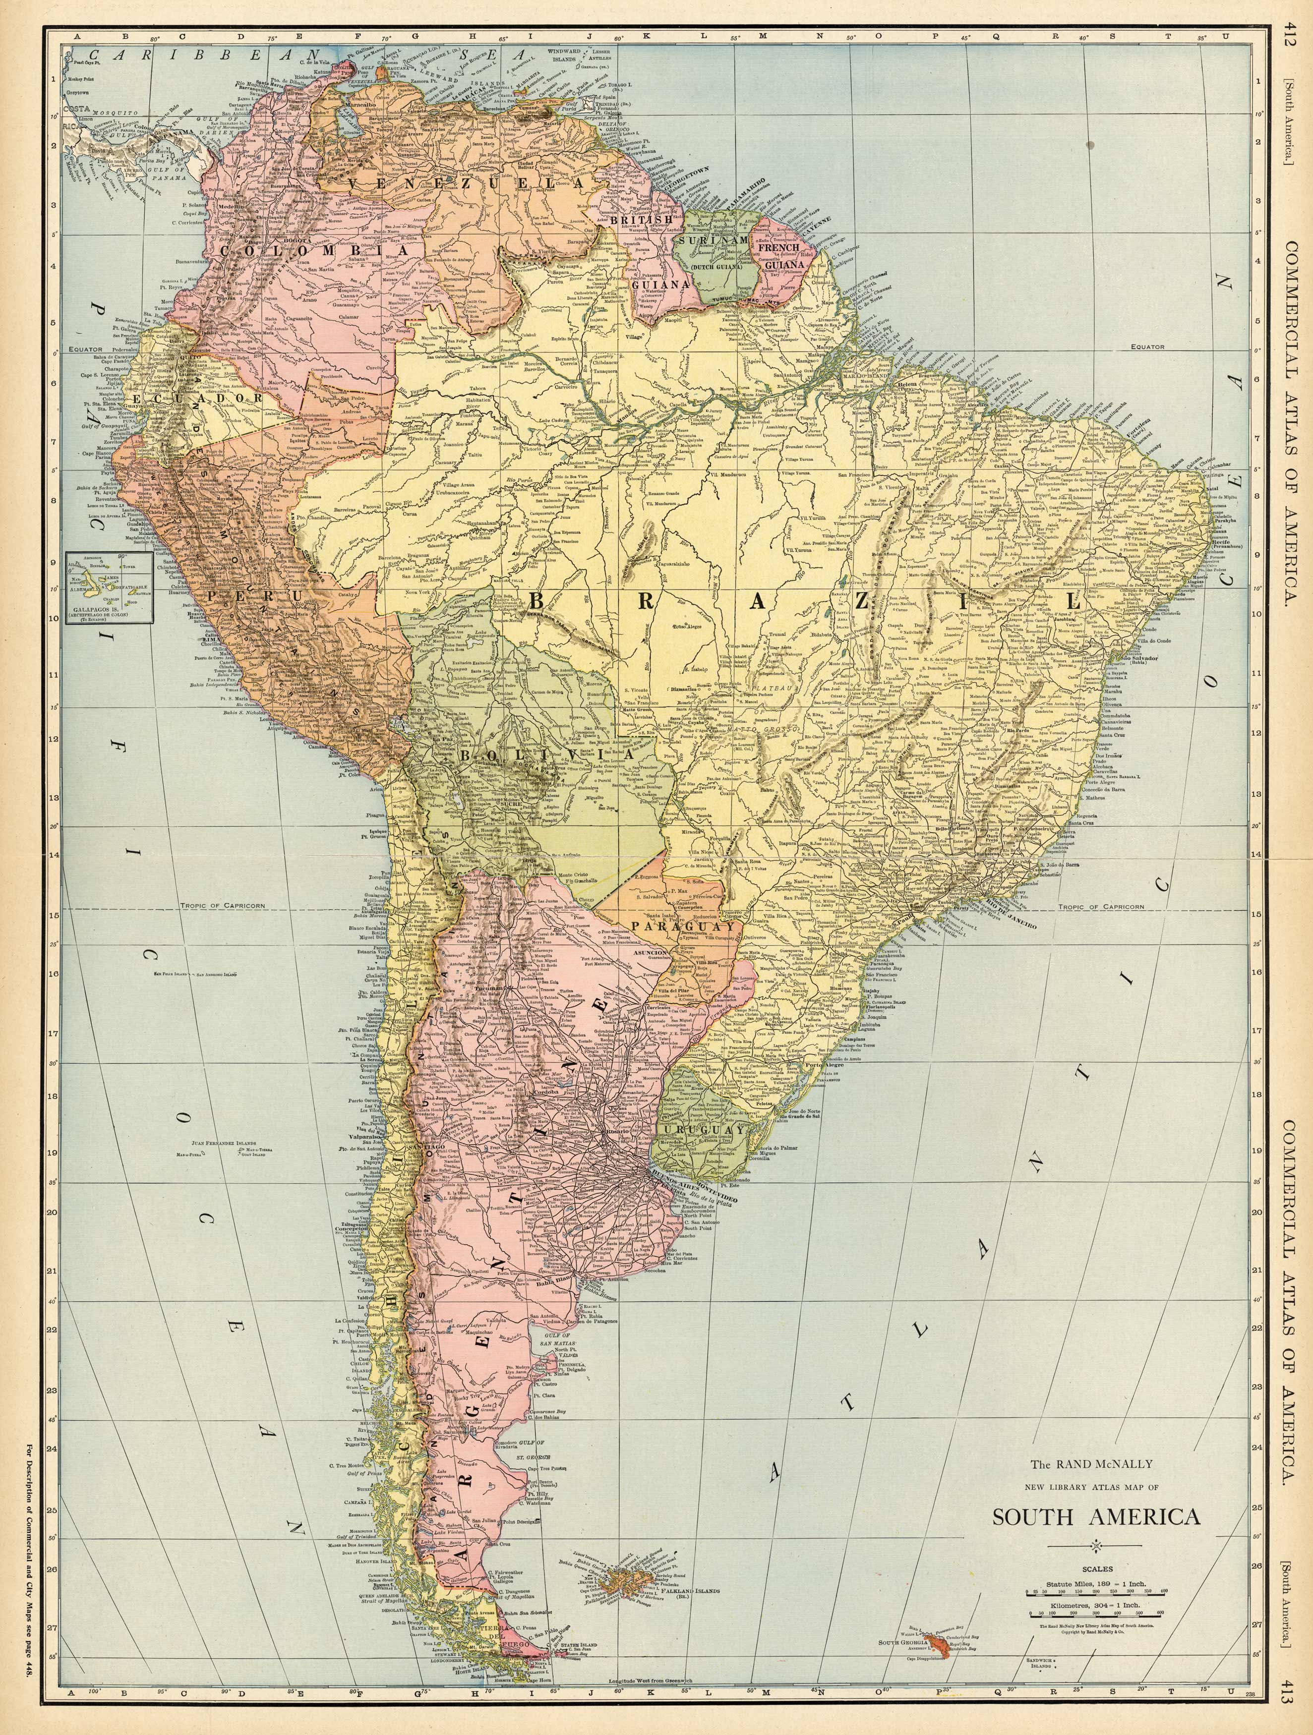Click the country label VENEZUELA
coord(468,183)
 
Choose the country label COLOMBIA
coord(315,251)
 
